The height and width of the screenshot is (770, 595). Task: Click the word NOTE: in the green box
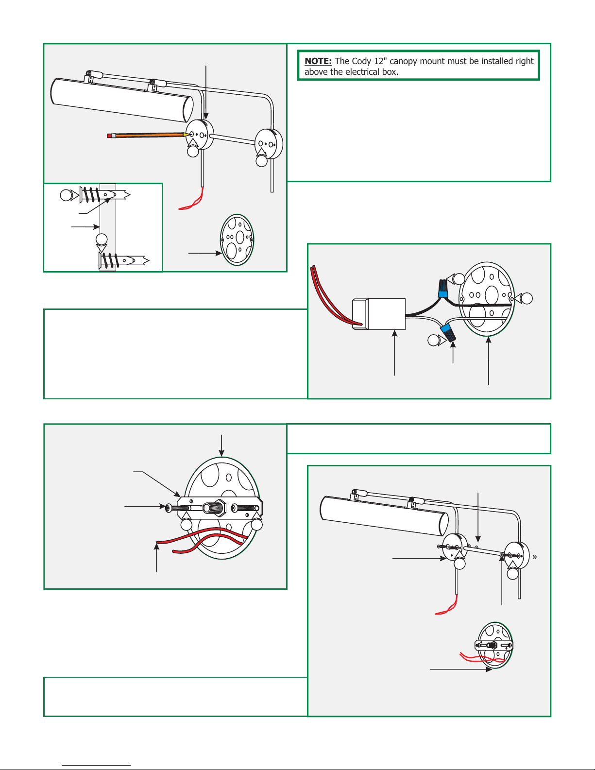coord(318,61)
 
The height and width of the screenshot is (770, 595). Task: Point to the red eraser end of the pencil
coord(109,136)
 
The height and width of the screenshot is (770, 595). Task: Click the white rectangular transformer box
coord(379,314)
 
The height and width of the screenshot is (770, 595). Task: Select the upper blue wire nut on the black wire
coord(442,289)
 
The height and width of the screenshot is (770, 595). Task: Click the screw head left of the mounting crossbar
coord(168,508)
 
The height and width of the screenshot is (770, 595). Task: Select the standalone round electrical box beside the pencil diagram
coord(237,240)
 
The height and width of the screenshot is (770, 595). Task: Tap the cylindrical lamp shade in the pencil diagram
coord(122,100)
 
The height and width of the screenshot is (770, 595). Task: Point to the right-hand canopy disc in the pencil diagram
coord(269,144)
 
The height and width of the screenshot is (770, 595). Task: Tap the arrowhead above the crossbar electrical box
coord(221,454)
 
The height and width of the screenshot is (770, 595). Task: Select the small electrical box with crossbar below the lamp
coord(494,645)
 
